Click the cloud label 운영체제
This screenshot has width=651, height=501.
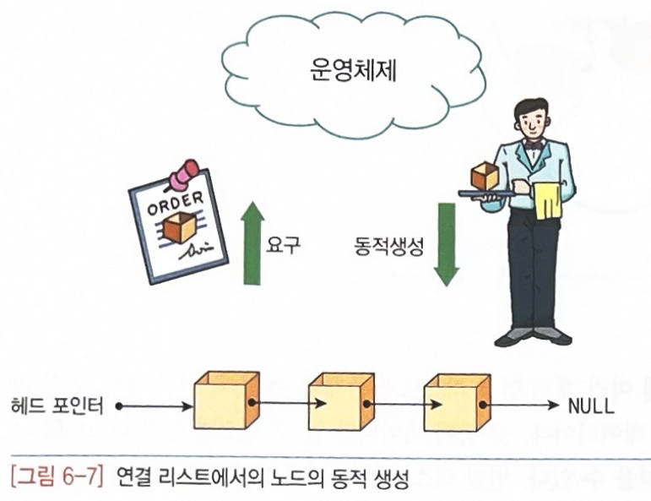[x=354, y=72]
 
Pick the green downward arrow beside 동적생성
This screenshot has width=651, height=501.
[x=446, y=243]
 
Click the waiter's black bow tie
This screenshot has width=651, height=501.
[x=533, y=144]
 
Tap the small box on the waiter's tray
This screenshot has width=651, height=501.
[x=485, y=177]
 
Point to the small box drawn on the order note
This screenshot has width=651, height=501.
[x=180, y=227]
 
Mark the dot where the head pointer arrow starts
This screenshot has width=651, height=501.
[x=118, y=406]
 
